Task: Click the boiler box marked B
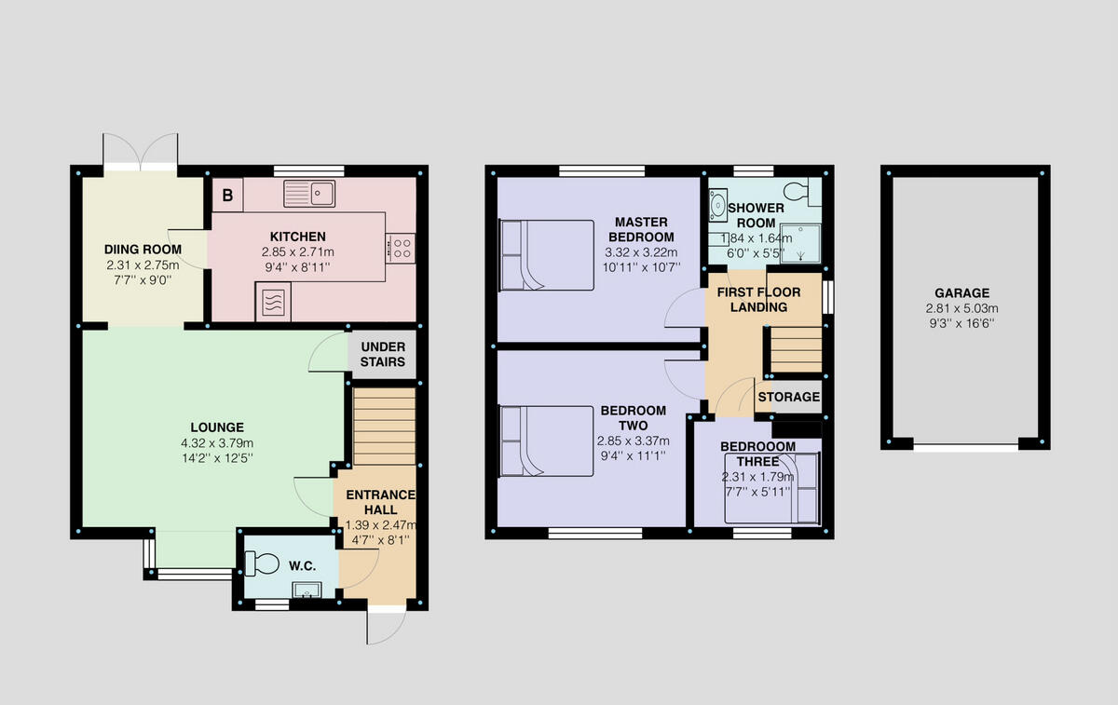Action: (227, 195)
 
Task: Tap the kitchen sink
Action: (310, 194)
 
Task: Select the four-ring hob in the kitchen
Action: (402, 247)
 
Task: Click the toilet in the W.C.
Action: (261, 563)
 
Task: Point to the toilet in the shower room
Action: (796, 191)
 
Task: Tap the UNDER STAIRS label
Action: (383, 354)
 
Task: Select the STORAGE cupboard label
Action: (788, 397)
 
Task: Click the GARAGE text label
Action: (964, 292)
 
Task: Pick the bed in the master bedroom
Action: (546, 255)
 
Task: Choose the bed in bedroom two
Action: (546, 441)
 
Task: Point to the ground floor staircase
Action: (384, 427)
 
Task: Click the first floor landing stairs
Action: (794, 348)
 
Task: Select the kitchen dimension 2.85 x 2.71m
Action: (297, 252)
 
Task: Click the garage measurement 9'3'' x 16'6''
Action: (964, 325)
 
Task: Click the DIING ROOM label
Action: (143, 249)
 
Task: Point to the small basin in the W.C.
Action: (306, 589)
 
